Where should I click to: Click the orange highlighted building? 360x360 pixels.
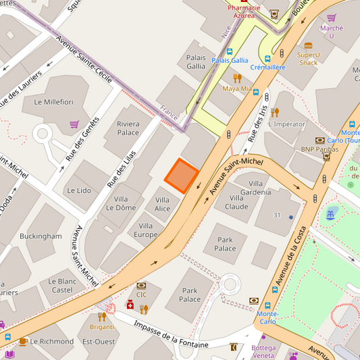[x=181, y=176]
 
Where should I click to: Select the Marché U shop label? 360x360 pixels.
[x=332, y=32]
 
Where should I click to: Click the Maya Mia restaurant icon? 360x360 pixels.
[x=237, y=78]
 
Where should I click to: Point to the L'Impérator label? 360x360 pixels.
[x=286, y=124]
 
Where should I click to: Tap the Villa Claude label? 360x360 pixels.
[x=236, y=202]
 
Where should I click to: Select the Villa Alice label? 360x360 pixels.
[x=162, y=204]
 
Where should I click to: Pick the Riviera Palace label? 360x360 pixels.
[x=128, y=128]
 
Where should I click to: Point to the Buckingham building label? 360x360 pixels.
[x=41, y=236]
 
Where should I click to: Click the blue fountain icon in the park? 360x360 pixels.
[x=330, y=214]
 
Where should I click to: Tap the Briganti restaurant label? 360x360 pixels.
[x=102, y=327]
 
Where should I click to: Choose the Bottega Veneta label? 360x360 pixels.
[x=263, y=351]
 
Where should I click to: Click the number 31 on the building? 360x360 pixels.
[x=276, y=215]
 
